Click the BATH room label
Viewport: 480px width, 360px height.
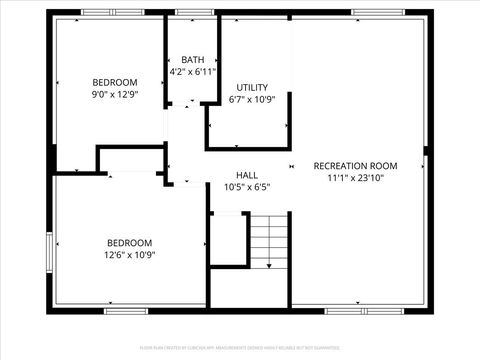coord(192,60)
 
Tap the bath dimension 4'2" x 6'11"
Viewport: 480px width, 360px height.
coord(192,72)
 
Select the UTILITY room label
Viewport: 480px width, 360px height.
coord(251,87)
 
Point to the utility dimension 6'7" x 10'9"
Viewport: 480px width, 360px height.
coord(251,99)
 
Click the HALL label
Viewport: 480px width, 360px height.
coord(247,174)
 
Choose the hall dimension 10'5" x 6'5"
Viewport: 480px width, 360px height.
coord(247,186)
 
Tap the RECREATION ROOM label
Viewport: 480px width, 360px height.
coord(355,166)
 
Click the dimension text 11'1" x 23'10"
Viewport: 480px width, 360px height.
coord(355,178)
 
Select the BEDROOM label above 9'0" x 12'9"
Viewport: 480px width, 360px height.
coord(115,82)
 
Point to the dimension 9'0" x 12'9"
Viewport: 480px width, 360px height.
coord(115,94)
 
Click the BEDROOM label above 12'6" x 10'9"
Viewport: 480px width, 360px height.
coord(130,242)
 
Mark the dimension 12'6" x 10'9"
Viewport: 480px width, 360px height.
coord(130,254)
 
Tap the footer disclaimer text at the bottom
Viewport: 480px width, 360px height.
coord(240,349)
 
